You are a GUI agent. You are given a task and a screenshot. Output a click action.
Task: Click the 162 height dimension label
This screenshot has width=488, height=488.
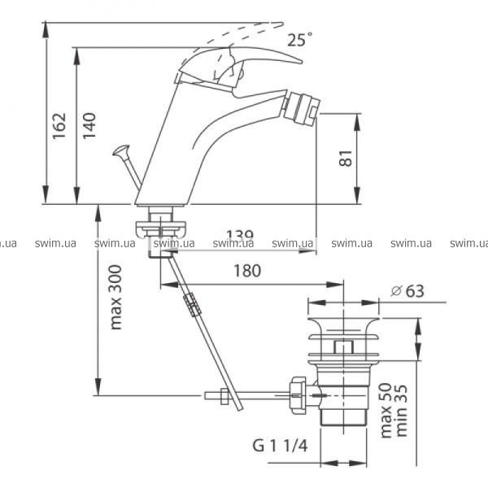[x=59, y=125]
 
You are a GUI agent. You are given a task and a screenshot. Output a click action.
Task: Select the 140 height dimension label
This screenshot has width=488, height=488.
[x=89, y=125]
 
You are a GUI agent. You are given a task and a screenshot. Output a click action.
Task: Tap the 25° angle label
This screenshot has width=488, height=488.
[x=299, y=40]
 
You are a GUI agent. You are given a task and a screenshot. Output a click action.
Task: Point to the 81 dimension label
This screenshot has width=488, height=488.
[x=346, y=158]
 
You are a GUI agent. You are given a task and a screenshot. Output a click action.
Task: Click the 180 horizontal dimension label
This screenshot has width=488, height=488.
[x=247, y=271]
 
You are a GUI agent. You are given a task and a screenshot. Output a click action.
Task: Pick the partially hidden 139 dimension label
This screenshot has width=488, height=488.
[x=240, y=234]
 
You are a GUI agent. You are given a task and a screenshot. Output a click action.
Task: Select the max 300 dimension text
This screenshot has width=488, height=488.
[x=115, y=297]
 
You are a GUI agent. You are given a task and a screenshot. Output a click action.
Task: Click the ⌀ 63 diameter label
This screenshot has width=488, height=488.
[x=407, y=291]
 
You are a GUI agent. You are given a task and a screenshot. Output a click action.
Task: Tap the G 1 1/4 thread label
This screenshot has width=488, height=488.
[x=280, y=446]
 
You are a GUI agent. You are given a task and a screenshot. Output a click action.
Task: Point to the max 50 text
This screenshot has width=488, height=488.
[x=386, y=411]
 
